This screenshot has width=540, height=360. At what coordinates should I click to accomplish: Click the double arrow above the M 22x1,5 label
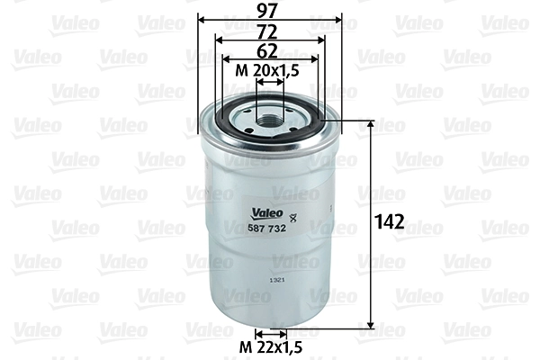(x=269, y=334)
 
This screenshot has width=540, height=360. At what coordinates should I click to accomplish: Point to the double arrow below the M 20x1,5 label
(x=269, y=81)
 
